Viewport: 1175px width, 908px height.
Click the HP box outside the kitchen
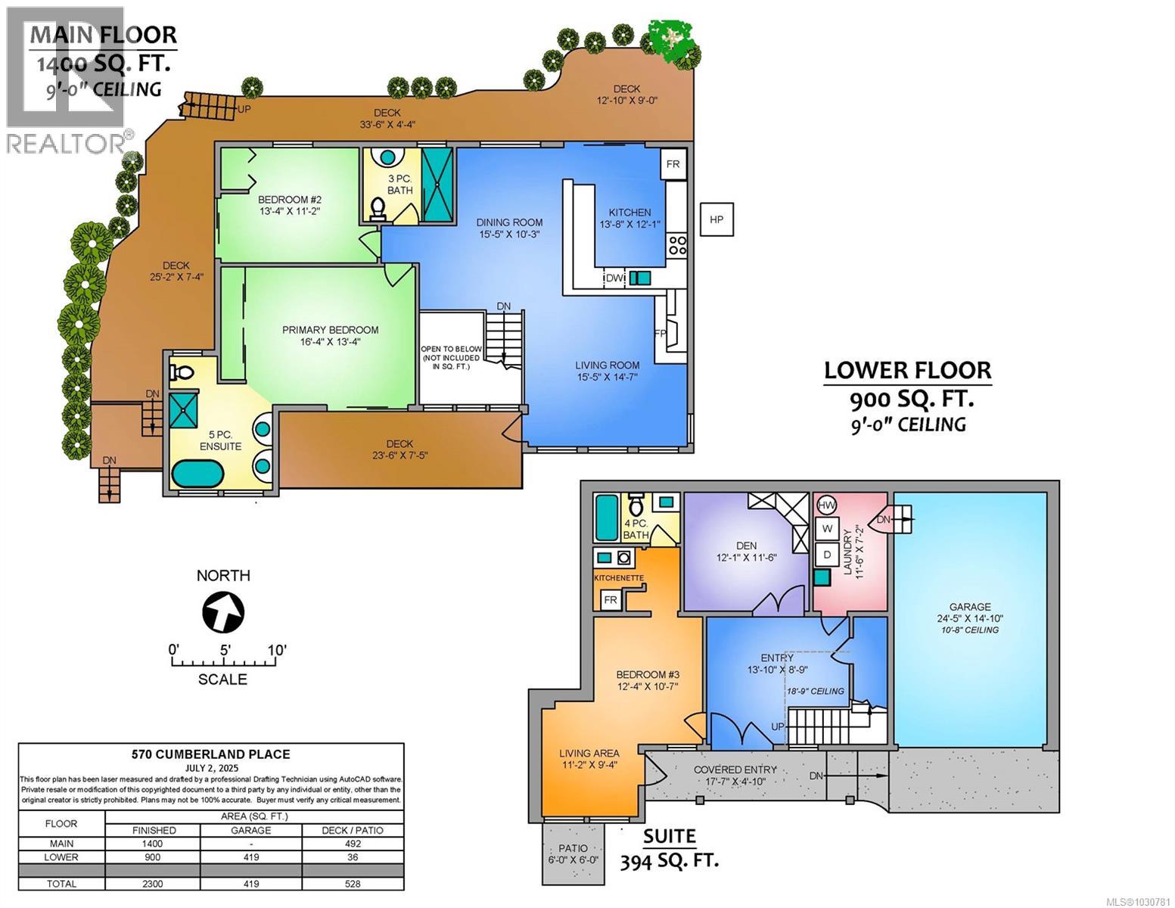point(716,219)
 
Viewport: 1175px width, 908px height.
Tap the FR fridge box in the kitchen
point(672,164)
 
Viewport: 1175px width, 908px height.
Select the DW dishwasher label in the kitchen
point(614,278)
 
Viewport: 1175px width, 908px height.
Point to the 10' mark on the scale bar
point(275,649)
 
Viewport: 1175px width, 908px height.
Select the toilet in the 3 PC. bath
point(378,207)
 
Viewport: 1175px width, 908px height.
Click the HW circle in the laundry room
point(828,505)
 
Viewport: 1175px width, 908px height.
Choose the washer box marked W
point(828,528)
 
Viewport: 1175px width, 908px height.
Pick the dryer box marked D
point(828,554)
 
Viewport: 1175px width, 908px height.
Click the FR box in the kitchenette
point(611,600)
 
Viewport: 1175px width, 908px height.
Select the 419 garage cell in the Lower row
point(250,857)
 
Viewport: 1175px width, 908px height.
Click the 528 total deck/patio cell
point(352,883)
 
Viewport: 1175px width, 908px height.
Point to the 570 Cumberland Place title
point(211,754)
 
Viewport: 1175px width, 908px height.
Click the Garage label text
point(970,606)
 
